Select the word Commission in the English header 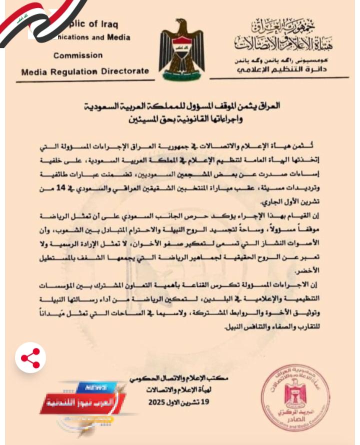(78, 55)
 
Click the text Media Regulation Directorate (85, 71)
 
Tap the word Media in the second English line (118, 37)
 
